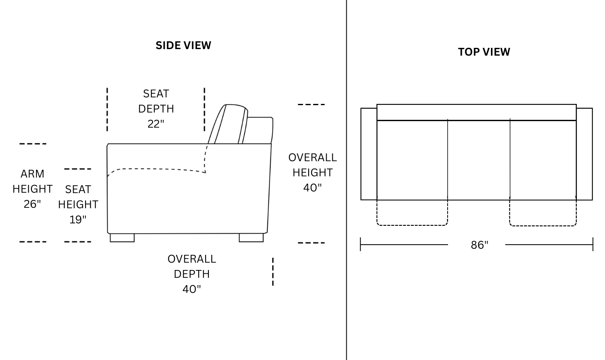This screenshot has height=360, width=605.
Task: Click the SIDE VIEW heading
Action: point(183,45)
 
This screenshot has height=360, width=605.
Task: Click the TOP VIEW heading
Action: point(484,52)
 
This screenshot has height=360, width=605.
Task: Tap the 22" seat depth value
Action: point(156,124)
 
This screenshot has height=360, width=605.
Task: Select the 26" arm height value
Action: point(32,204)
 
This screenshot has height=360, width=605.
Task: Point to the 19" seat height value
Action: point(78,220)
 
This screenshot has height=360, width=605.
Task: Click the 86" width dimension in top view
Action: point(480,245)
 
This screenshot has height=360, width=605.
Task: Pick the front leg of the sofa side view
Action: point(122,238)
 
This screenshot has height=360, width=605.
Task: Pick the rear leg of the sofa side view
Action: point(251,238)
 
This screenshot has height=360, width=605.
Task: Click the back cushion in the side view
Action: point(231,124)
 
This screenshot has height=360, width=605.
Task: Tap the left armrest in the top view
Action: point(369,154)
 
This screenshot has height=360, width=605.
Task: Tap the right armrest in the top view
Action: point(584,154)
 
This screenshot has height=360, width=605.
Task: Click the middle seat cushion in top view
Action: point(479,160)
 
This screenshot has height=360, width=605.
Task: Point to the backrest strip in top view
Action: point(476,112)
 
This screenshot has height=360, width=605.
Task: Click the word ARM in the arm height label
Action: point(32,174)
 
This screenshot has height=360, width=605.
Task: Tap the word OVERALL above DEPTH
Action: point(192,259)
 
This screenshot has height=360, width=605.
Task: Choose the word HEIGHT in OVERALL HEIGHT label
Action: point(312,173)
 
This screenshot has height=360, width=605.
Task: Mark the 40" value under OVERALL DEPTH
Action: point(192,289)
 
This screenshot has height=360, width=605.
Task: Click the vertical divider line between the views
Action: point(347,180)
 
